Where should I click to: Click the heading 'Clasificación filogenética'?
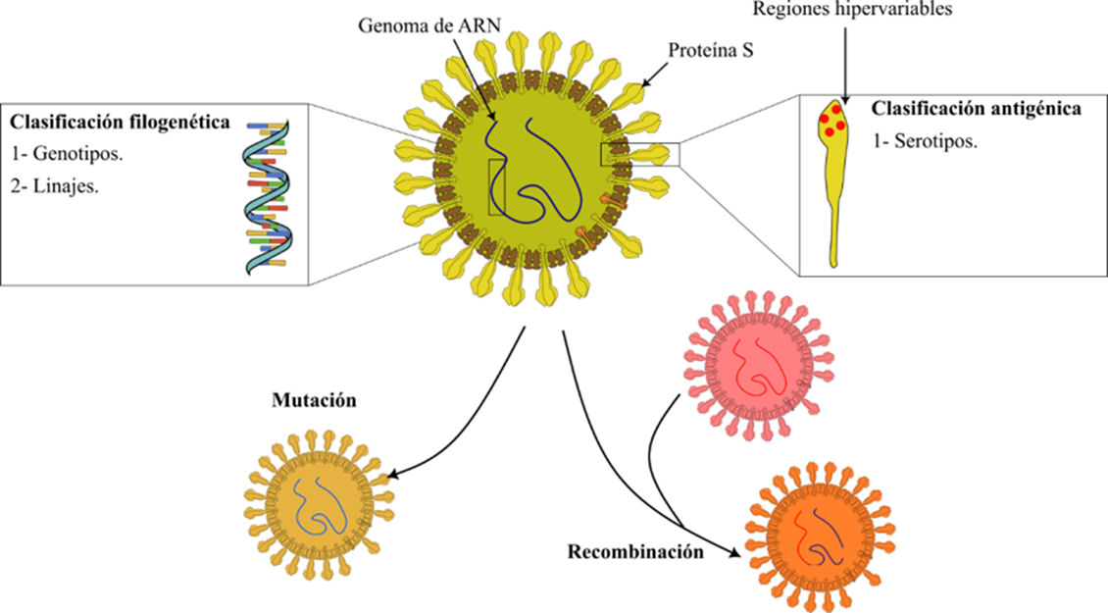pos(121,124)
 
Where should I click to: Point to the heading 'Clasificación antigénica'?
pos(976,109)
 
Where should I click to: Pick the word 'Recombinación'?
pos(635,551)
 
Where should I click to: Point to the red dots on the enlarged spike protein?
pos(832,120)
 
